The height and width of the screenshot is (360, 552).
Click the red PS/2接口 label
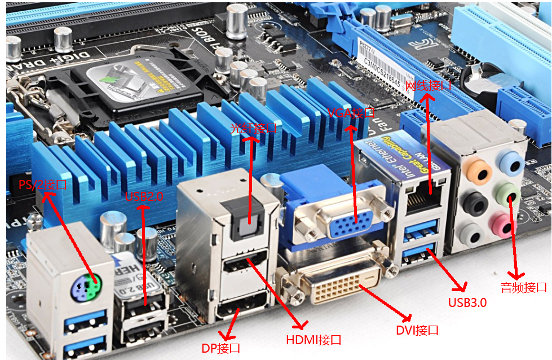pyautogui.click(x=43, y=185)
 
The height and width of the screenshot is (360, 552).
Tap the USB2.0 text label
pyautogui.click(x=144, y=196)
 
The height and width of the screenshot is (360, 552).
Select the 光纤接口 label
pyautogui.click(x=253, y=128)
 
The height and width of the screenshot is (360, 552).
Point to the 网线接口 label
pyautogui.click(x=429, y=86)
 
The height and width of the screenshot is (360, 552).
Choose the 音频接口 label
pyautogui.click(x=523, y=287)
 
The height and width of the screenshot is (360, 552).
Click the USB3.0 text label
pyautogui.click(x=467, y=302)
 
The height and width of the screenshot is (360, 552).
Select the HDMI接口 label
pyautogui.click(x=314, y=340)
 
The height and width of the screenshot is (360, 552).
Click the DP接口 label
pyautogui.click(x=221, y=348)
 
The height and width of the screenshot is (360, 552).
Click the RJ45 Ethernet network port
pyautogui.click(x=426, y=201)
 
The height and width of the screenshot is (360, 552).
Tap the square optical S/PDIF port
pyautogui.click(x=247, y=224)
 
